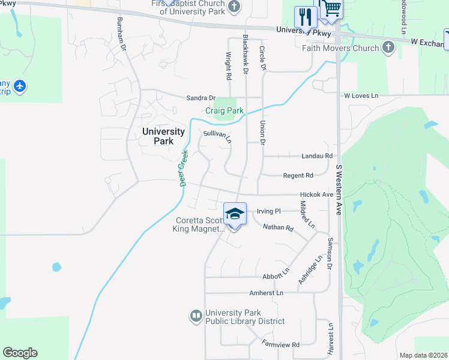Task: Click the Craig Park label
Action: [x=224, y=111]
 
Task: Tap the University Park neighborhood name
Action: [x=163, y=136]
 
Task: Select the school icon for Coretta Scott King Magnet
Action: [x=235, y=214]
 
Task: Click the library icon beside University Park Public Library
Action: [x=196, y=316]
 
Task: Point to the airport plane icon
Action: [x=20, y=87]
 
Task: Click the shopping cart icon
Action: [x=330, y=8]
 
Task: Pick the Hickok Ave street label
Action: [x=316, y=195]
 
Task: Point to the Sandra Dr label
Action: [x=200, y=98]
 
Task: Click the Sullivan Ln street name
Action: [x=217, y=136]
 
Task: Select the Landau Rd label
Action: [x=317, y=156]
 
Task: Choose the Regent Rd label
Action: [x=298, y=175]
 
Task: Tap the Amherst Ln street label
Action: [x=266, y=293]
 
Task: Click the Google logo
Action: [x=20, y=353]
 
